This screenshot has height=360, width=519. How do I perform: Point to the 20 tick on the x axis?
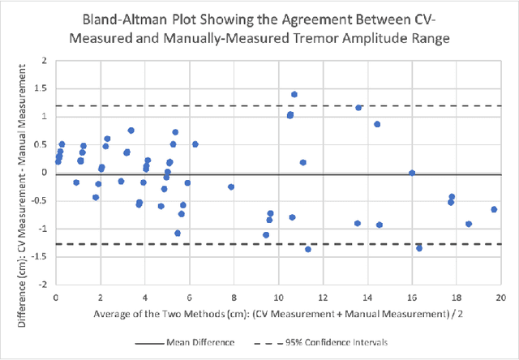(x=501, y=298)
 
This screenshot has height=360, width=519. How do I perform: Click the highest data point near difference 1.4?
(x=294, y=94)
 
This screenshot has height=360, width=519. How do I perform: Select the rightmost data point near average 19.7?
(x=494, y=209)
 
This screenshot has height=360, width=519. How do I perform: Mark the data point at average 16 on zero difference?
(x=412, y=173)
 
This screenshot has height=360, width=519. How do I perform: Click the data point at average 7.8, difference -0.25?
(x=231, y=186)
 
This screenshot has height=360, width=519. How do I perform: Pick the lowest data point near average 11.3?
(x=308, y=249)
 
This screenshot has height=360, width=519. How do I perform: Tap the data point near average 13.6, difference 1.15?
(x=358, y=108)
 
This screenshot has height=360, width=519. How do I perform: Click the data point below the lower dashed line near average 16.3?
(x=419, y=248)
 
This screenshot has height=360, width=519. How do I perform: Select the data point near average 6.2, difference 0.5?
(x=195, y=144)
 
